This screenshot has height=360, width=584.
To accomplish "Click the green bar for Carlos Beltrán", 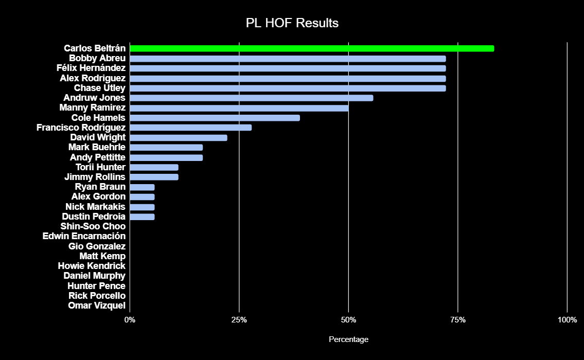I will tap(312, 48).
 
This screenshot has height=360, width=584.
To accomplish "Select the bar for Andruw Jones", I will tap(252, 98).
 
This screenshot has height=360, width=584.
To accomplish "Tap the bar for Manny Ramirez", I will tap(239, 108).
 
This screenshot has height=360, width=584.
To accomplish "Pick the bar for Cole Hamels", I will tap(215, 118).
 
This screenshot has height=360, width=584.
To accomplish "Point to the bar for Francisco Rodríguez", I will tap(191, 128).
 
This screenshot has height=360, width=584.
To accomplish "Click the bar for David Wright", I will tap(179, 137).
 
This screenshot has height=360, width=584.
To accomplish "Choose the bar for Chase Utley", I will tap(288, 88).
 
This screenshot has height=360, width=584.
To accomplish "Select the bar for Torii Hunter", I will tap(154, 167).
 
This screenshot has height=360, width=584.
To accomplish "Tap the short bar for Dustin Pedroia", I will tap(142, 217).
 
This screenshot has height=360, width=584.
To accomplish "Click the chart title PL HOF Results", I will tap(292, 23).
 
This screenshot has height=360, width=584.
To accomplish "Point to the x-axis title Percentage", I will tap(348, 339).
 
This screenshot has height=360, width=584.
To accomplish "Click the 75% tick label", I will tap(458, 320).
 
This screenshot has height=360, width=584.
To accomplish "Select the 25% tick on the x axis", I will tap(239, 320).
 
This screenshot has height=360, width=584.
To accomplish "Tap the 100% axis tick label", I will tap(567, 320).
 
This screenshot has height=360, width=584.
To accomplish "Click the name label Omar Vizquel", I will tap(97, 305).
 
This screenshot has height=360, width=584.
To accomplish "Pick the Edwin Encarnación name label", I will tap(84, 236).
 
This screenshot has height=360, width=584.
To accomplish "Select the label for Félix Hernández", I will tap(91, 68).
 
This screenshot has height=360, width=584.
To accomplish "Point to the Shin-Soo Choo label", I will tap(93, 226).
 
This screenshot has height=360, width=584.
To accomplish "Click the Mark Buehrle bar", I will tap(166, 148).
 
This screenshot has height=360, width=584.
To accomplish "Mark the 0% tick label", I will tap(130, 320).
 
